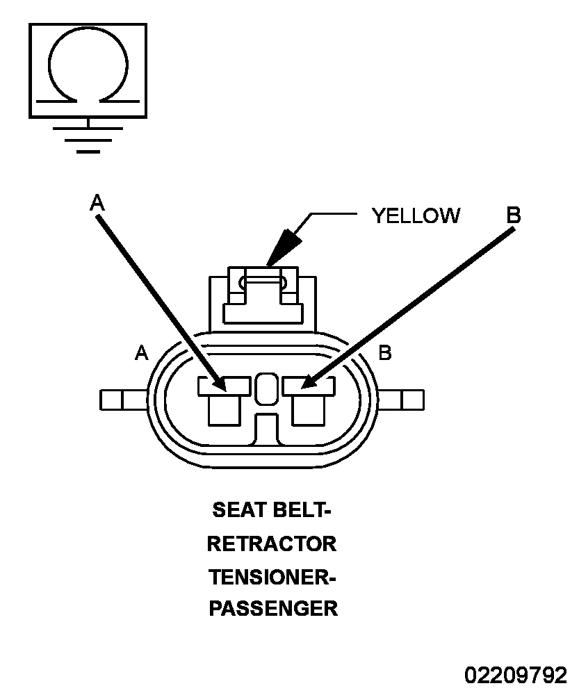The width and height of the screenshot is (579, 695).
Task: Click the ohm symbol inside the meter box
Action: pos(49,67)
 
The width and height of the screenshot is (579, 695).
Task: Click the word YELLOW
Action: pos(416,216)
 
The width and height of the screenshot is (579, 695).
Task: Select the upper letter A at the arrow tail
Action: pos(97,202)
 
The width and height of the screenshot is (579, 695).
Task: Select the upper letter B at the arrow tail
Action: pos(514,215)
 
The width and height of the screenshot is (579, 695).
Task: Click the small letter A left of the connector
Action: pos(141,353)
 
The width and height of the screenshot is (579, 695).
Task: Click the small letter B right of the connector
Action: pos(385,353)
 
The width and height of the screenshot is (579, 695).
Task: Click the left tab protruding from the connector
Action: pos(123,400)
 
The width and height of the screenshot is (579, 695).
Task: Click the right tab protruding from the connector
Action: pos(401,400)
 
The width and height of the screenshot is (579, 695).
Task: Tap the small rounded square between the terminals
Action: pos(267,389)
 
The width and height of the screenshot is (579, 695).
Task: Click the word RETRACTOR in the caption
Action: pos(272,544)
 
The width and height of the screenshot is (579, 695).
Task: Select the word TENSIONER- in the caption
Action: pos(272,577)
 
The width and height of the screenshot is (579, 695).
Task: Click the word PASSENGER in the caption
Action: pos(273,608)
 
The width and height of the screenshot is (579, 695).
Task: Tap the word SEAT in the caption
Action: pos(238,510)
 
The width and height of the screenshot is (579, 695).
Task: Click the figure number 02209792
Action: pos(516,676)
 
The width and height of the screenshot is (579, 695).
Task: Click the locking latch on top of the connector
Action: pos(263,295)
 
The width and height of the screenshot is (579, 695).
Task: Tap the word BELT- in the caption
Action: pos(301,510)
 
